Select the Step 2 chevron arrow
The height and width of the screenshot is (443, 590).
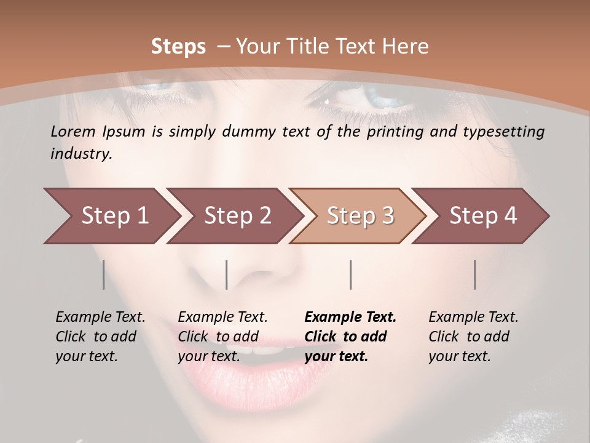click(x=237, y=216)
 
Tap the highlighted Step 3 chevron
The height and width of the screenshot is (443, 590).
click(x=360, y=216)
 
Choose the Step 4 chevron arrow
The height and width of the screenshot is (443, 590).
click(x=483, y=216)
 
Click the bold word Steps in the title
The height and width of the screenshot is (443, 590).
click(x=178, y=47)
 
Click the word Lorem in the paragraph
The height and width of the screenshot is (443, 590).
click(x=73, y=131)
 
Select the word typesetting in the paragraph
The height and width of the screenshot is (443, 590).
click(x=505, y=131)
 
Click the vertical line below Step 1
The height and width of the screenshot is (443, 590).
click(x=103, y=274)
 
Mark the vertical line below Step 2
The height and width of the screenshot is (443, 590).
click(x=227, y=274)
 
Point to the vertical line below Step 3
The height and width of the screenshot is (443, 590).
click(x=350, y=274)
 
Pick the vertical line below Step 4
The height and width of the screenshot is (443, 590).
click(x=474, y=274)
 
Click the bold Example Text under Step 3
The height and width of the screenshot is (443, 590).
click(x=350, y=317)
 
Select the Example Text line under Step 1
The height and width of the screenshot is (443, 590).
click(x=100, y=317)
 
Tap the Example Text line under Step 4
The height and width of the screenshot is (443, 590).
click(x=473, y=317)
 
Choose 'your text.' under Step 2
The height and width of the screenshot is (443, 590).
click(x=209, y=356)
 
